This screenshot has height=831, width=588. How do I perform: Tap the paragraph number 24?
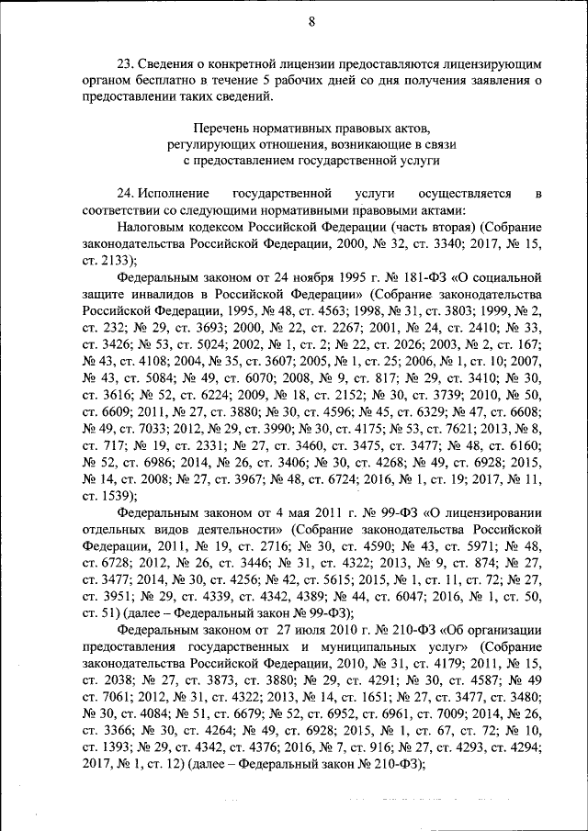127,194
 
